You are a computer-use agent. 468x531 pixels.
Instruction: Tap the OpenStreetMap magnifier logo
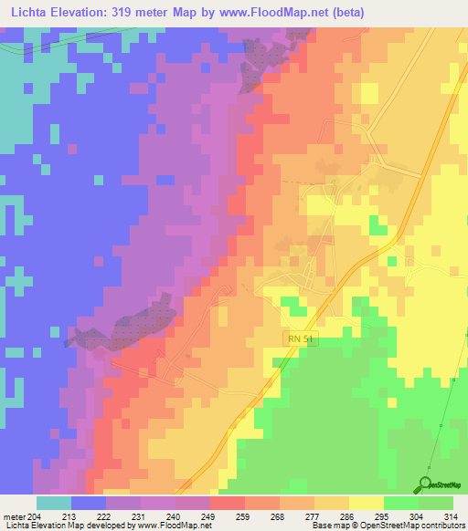tap(426, 484)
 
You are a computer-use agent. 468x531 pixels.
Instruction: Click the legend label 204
tap(34, 515)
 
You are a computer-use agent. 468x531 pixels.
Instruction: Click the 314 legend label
tap(451, 515)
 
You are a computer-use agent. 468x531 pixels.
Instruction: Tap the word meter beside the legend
tap(13, 515)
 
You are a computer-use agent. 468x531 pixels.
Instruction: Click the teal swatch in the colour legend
tap(54, 503)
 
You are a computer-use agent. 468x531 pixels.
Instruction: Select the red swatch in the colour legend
tap(228, 503)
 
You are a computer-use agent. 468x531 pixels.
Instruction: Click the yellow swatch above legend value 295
tap(367, 503)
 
